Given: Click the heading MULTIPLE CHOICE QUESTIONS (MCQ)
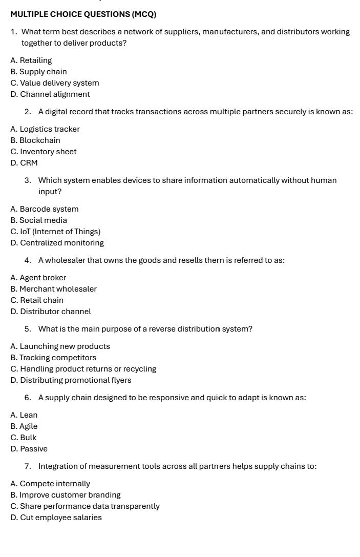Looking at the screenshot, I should tap(83, 14).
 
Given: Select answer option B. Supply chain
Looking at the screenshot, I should tap(38, 72).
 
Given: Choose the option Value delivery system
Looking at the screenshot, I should tap(54, 83).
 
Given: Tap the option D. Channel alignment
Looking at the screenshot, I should tap(50, 94).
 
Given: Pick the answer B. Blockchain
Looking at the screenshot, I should tap(35, 140).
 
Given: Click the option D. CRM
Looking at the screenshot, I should tap(24, 163).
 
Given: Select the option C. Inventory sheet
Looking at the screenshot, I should tap(43, 152).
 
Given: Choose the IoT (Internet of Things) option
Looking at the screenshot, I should tap(55, 232).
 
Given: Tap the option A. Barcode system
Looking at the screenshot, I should tap(44, 209).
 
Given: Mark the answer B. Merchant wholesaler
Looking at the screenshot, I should tap(53, 289).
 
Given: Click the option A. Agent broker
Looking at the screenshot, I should tap(38, 278).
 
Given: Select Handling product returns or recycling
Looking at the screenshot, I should tap(83, 369).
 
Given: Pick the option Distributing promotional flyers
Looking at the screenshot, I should tap(71, 380).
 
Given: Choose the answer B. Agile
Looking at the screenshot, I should tap(24, 426).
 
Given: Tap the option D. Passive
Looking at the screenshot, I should tap(29, 449).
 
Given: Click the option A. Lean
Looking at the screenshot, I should tap(24, 415).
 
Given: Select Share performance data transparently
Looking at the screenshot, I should tap(84, 506).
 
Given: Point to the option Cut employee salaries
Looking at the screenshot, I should tap(56, 518).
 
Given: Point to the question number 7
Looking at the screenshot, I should tap(27, 466).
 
